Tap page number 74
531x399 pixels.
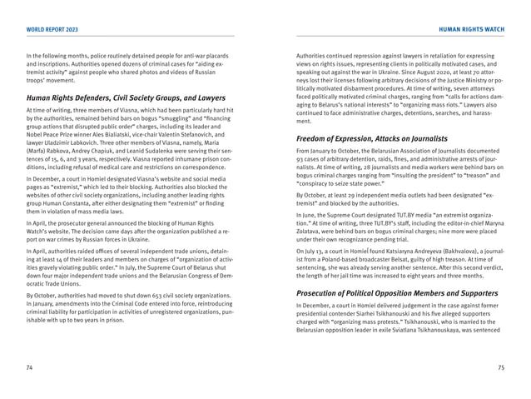point(30,367)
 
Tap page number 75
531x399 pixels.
point(501,367)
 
